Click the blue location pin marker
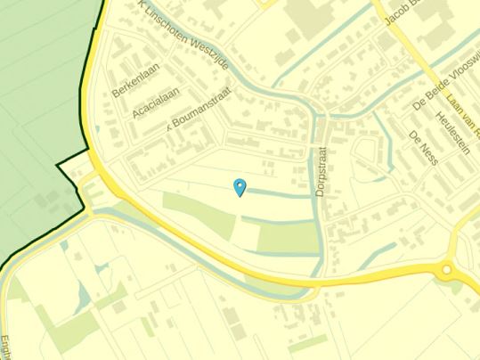tap(239, 186)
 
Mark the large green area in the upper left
tap(40, 107)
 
